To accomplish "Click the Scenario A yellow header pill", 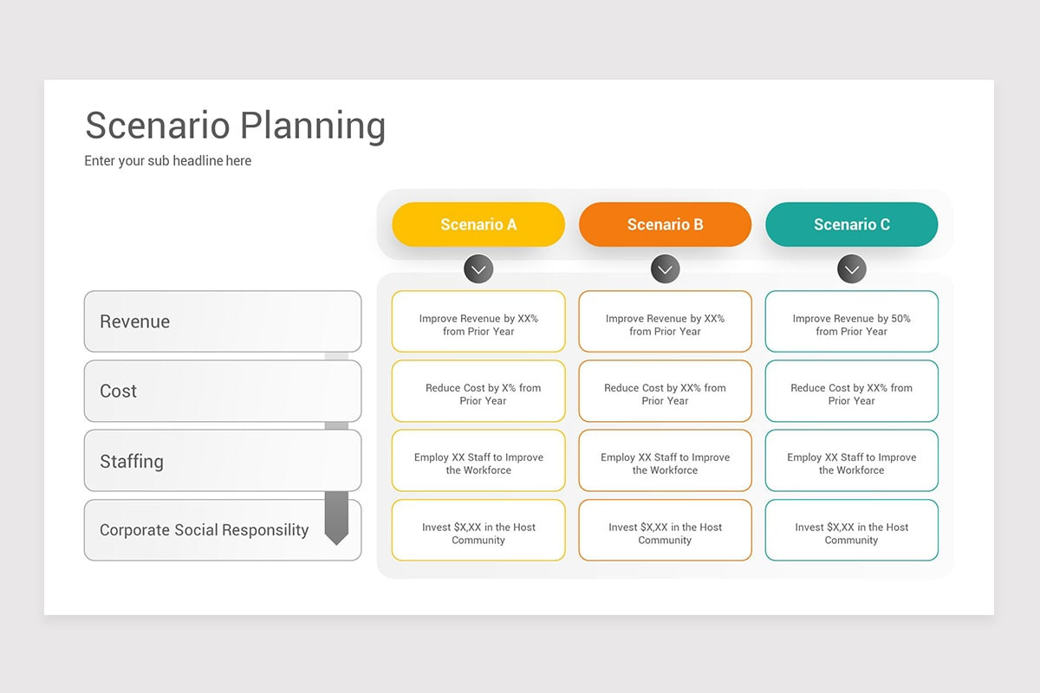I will pos(478,224).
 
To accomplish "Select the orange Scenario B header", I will pos(665,224).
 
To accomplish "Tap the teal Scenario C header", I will pos(851,224).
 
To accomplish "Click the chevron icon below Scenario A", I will pos(478,269).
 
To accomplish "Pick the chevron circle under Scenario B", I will pos(665,269).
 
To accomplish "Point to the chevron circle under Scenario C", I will pos(852,269).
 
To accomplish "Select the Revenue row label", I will pos(223,321).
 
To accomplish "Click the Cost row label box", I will pos(223,391).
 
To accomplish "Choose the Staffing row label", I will pos(223,461).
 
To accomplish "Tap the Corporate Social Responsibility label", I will pos(205,530).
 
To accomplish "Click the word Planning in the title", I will pos(312,126).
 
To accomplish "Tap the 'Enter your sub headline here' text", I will pos(168,161).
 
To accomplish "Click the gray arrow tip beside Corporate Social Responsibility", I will pos(336,537).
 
